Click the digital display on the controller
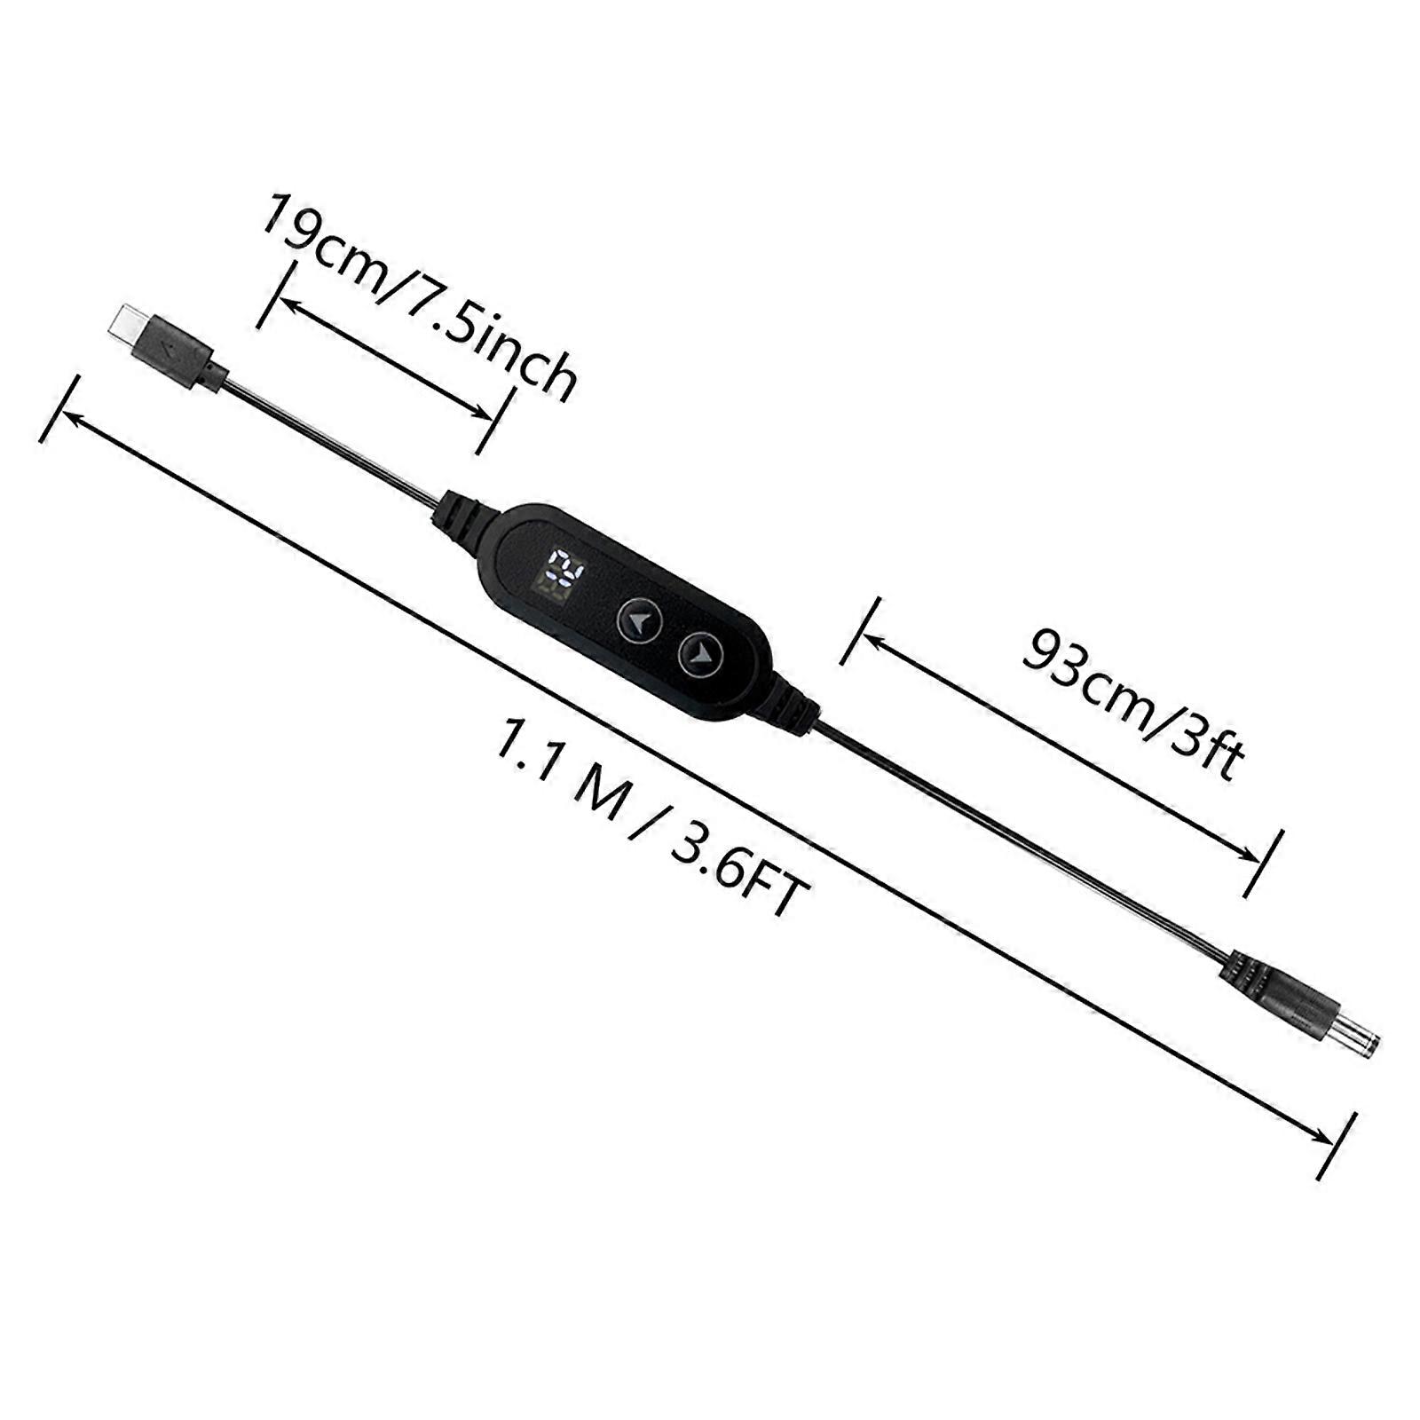click(x=561, y=574)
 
